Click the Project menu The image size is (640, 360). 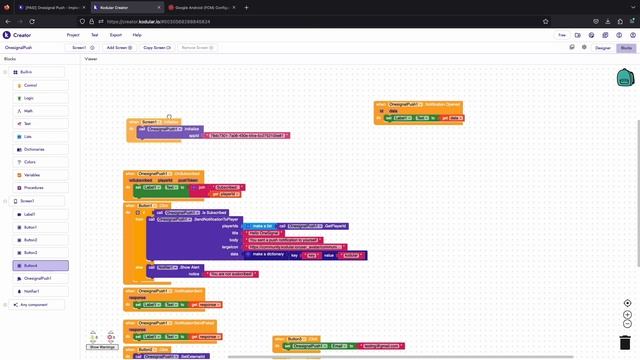click(x=73, y=34)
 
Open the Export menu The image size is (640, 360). click(x=116, y=34)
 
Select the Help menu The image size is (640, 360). click(x=137, y=34)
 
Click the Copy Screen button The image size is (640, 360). click(x=155, y=47)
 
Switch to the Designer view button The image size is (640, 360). click(x=603, y=47)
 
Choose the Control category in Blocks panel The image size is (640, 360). click(x=31, y=85)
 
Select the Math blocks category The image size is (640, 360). click(x=29, y=111)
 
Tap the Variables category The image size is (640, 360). click(x=33, y=174)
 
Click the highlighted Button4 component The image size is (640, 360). click(x=31, y=266)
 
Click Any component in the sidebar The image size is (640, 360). click(x=35, y=305)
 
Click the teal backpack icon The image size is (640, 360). click(x=625, y=78)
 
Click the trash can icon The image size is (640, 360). click(x=625, y=342)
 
